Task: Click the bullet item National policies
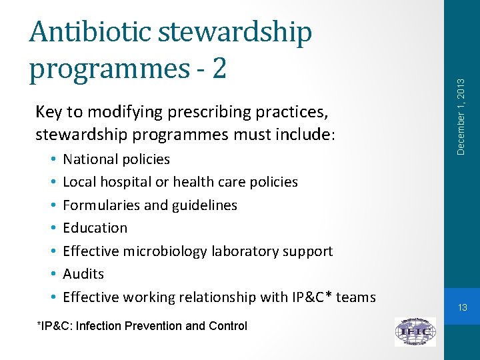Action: (x=116, y=159)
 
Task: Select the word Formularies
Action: (x=101, y=205)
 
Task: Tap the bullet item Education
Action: (x=95, y=228)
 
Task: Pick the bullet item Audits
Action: (x=83, y=274)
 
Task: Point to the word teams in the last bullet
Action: (x=356, y=297)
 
